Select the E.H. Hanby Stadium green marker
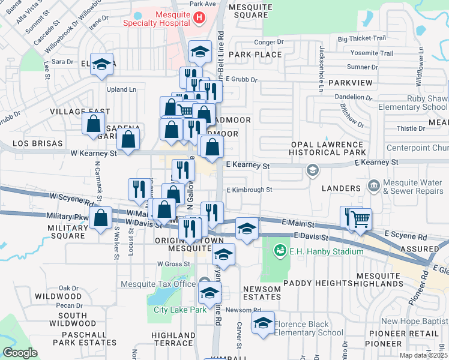279,250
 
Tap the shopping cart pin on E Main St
361,220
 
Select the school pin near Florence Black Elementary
262,323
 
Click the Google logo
20,353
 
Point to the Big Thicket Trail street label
361,38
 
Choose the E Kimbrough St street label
250,190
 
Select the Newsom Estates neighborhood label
262,293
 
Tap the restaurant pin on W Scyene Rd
139,189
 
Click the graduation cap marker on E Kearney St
312,170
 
